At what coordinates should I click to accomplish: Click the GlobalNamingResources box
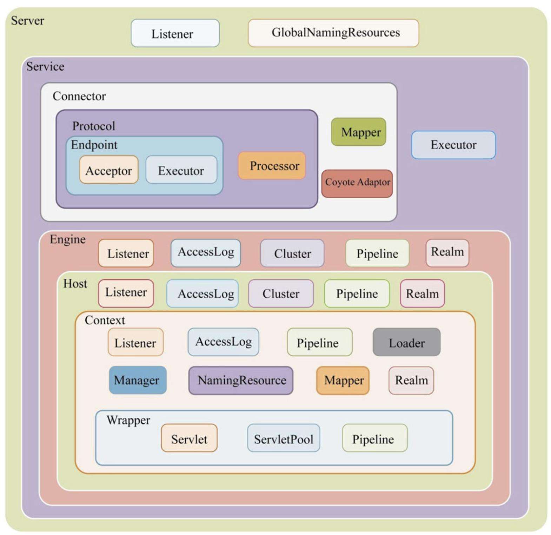tap(333, 33)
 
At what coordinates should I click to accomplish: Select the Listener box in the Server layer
tap(175, 33)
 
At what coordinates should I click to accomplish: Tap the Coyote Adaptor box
tap(357, 183)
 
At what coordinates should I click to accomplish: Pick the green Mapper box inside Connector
tap(358, 132)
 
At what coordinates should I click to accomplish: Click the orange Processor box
tap(272, 166)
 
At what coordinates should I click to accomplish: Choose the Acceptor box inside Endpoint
tap(108, 170)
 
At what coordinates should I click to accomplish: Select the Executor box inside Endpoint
tap(181, 170)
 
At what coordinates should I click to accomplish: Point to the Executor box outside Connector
tap(453, 145)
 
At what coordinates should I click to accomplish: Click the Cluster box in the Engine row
tap(292, 253)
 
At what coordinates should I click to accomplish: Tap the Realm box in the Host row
tap(422, 293)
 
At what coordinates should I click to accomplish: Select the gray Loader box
tap(406, 342)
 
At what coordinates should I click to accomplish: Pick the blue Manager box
tap(138, 380)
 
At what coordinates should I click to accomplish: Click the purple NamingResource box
tap(241, 380)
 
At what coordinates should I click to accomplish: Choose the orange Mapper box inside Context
tap(343, 380)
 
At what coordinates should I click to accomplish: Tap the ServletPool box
tap(284, 438)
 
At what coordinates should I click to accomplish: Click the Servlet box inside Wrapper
tap(189, 438)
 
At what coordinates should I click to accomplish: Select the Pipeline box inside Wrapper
tap(374, 438)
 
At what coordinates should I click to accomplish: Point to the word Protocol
tap(94, 126)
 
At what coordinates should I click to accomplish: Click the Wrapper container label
tap(128, 420)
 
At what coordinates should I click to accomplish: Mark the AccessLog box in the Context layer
tap(223, 342)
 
